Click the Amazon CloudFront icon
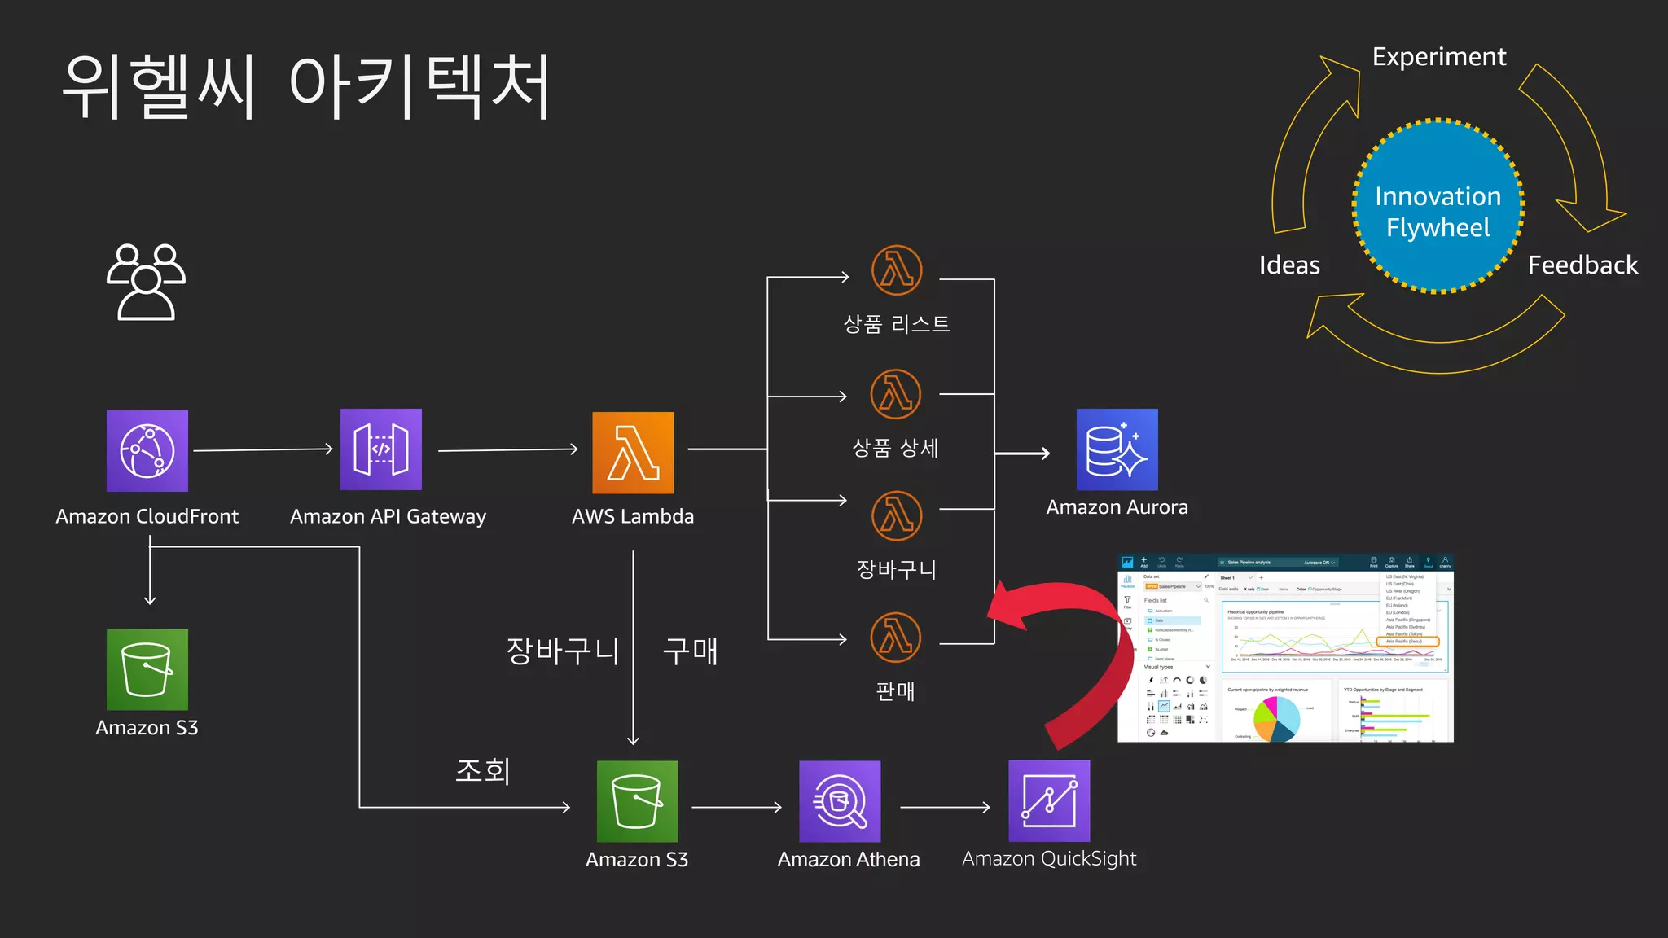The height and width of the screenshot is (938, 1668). tap(147, 451)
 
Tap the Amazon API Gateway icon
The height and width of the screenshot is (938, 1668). tap(381, 449)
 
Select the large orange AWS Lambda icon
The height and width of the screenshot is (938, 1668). tap(633, 453)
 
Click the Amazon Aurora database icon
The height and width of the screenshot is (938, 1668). tap(1117, 449)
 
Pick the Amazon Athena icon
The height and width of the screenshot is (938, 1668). tap(840, 801)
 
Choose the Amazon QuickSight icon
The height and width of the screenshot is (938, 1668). tap(1049, 800)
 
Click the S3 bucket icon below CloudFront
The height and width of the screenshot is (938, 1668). tap(147, 669)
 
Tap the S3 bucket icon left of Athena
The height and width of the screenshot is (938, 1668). tap(637, 801)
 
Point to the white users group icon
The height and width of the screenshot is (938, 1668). tap(147, 282)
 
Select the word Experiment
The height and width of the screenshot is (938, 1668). tap(1439, 57)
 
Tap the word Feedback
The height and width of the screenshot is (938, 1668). tap(1582, 265)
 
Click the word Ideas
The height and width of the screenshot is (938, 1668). tap(1289, 265)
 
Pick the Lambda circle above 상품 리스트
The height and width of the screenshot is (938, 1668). tap(897, 270)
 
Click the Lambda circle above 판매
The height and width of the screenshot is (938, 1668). tap(896, 638)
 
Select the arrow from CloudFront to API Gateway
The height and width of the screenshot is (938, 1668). tap(263, 449)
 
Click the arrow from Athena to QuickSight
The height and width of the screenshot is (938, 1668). tap(945, 807)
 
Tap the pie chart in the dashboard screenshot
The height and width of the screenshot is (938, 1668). tap(1276, 717)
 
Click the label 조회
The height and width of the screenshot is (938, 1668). tap(482, 770)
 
